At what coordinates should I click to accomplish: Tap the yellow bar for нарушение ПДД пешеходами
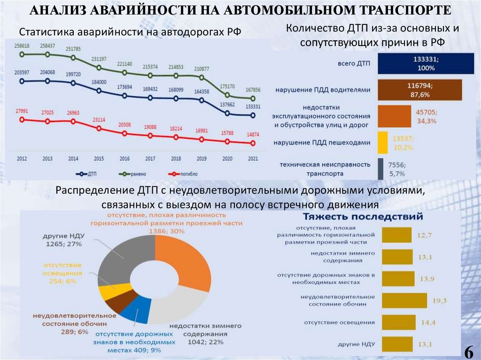(x=382, y=143)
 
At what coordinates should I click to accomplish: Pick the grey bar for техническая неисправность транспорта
(x=380, y=169)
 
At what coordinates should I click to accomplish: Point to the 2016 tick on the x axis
(x=124, y=159)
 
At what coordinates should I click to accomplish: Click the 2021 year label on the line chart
(x=253, y=159)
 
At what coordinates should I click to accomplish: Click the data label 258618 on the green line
(x=22, y=46)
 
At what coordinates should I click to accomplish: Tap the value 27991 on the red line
(x=22, y=111)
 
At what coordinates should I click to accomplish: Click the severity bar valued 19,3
(x=404, y=300)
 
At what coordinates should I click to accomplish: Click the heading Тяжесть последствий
(x=362, y=217)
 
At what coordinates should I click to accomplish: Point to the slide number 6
(x=468, y=351)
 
